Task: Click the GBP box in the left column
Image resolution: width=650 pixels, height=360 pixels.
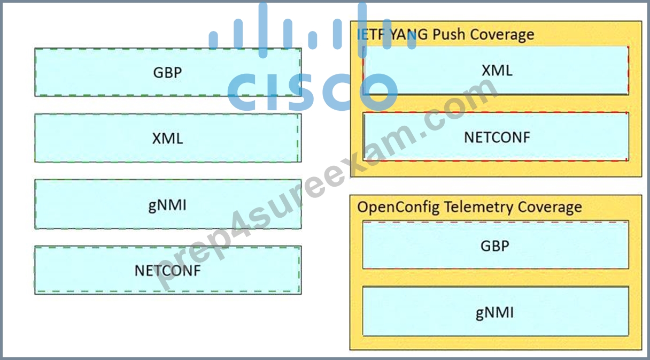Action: pos(168,72)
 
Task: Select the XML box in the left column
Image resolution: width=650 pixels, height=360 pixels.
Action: pos(168,138)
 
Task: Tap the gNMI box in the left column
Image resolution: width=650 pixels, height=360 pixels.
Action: pos(168,204)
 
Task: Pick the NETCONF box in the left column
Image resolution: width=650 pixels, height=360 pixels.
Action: pos(168,270)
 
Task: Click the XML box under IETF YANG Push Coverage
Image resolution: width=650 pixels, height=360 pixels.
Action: pos(496,71)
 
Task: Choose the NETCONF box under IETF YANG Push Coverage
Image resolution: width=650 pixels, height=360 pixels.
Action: pos(496,137)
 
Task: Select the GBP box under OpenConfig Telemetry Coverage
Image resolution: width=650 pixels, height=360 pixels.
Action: pos(496,245)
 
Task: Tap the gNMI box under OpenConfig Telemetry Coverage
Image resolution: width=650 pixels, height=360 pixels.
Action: pos(496,311)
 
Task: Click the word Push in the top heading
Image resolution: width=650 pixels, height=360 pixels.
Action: pos(449,34)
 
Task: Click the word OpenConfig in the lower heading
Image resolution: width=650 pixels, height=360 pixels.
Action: pos(398,208)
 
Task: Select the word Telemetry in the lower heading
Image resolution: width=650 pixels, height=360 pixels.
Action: pos(479,208)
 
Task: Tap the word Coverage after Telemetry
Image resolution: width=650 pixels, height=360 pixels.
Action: pos(550,208)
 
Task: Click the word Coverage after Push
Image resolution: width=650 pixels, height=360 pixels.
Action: pos(502,35)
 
